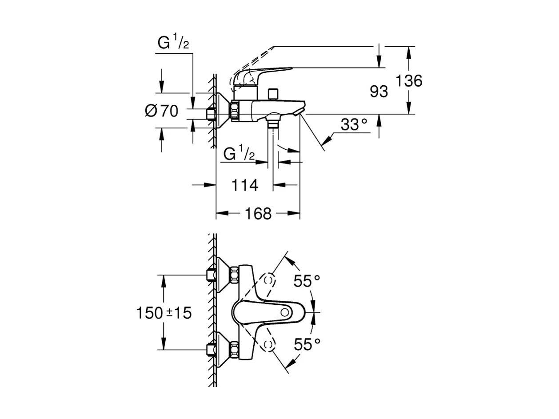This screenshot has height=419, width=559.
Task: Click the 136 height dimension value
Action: (409, 81)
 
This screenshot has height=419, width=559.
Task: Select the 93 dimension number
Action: (379, 92)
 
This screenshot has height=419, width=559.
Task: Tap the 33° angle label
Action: (354, 124)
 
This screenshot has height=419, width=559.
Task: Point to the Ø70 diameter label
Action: (161, 111)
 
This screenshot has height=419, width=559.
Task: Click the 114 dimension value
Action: (245, 185)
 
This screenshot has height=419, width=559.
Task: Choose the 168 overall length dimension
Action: (258, 213)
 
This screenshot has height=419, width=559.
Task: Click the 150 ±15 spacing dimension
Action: (164, 313)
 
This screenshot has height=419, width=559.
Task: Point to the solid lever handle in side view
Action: (262, 76)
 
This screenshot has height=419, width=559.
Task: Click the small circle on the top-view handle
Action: (285, 312)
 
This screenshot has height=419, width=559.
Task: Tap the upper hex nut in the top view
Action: (234, 275)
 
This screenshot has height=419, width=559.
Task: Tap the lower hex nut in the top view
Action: (234, 350)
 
